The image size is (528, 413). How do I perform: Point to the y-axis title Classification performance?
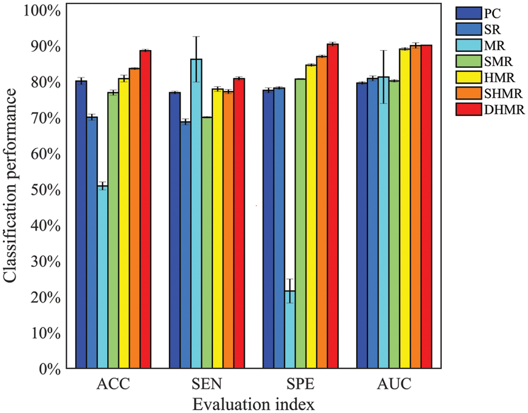point(12,189)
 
